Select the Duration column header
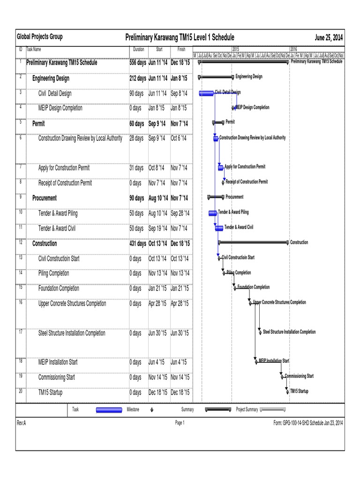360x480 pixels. pos(138,49)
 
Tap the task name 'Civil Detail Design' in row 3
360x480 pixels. pos(55,93)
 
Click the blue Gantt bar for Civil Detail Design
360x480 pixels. pos(206,93)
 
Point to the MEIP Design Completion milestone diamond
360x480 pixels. pos(233,108)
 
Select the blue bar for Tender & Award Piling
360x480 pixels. pos(213,213)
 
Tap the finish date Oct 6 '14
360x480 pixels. pos(179,138)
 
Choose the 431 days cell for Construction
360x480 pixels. pos(138,244)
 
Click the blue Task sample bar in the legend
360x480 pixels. pos(109,410)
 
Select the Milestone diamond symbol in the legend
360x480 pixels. pos(151,410)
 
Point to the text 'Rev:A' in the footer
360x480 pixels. pos(22,423)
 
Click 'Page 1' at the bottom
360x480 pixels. pos(180,423)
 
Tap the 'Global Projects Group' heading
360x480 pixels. pos(40,37)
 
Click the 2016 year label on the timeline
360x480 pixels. pos(293,49)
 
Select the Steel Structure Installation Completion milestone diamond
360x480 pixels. pos(260,332)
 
